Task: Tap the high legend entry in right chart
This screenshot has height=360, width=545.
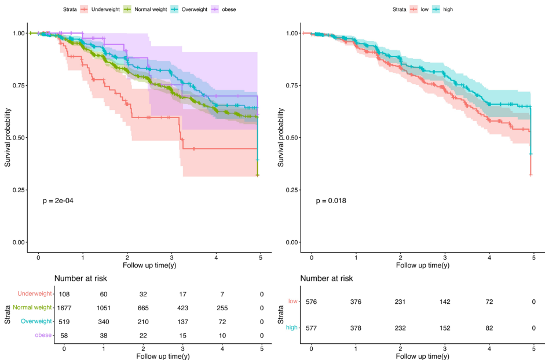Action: pyautogui.click(x=448, y=9)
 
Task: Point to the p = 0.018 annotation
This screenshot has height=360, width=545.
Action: pyautogui.click(x=331, y=201)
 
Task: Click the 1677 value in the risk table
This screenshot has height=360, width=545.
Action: pyautogui.click(x=64, y=308)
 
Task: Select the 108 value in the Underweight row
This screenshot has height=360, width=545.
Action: pyautogui.click(x=64, y=295)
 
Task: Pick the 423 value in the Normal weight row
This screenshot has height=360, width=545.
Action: pyautogui.click(x=183, y=308)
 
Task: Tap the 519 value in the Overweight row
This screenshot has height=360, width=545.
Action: pyautogui.click(x=64, y=322)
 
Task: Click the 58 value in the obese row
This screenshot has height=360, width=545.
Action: pyautogui.click(x=64, y=336)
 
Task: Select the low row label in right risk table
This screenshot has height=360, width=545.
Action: pyautogui.click(x=293, y=302)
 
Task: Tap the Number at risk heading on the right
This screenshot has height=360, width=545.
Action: pyautogui.click(x=326, y=278)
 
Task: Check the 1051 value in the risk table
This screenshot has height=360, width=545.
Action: pyautogui.click(x=104, y=308)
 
